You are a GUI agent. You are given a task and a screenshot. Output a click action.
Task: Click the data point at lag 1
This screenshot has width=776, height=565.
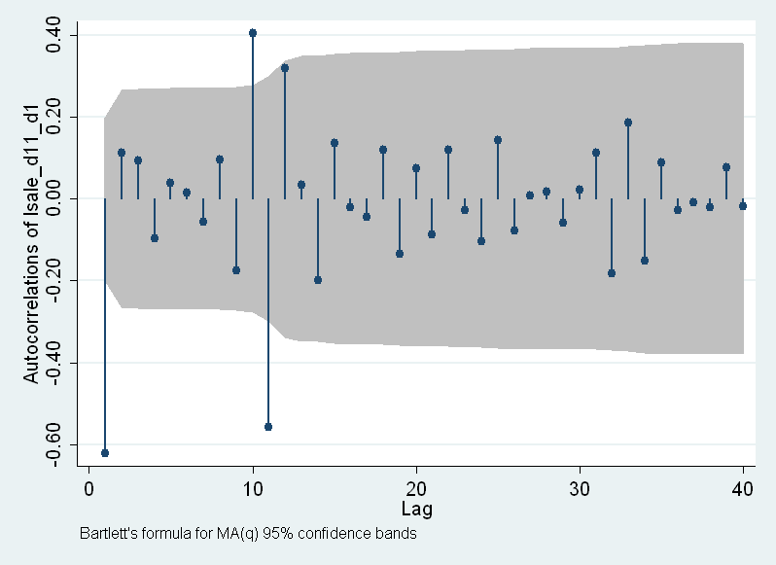(x=105, y=453)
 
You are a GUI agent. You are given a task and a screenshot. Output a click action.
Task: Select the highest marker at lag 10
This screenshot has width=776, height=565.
(x=253, y=33)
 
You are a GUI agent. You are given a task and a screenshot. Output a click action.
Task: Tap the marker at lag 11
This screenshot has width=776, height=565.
(x=268, y=427)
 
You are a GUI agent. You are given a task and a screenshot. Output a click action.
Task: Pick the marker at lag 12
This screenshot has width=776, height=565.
(x=285, y=68)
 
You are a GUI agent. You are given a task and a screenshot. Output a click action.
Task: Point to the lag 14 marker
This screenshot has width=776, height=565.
(x=318, y=280)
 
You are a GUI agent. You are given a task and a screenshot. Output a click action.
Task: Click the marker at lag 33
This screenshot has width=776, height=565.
(x=628, y=123)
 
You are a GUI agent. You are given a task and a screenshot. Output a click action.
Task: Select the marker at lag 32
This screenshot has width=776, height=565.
(x=612, y=273)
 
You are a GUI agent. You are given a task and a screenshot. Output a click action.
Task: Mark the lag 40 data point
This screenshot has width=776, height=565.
(x=743, y=206)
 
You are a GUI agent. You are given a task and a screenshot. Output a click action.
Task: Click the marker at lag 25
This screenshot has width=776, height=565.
(x=498, y=140)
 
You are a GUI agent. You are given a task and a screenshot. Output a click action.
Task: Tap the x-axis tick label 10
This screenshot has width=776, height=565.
(x=253, y=489)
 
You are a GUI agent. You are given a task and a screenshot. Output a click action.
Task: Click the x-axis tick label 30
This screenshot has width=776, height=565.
(x=580, y=489)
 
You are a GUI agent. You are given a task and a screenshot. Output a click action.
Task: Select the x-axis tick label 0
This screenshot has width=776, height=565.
(x=89, y=489)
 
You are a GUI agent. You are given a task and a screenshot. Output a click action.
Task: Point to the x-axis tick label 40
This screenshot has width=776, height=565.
(x=743, y=489)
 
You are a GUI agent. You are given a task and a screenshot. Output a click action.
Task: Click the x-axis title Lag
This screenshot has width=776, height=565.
(x=416, y=509)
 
